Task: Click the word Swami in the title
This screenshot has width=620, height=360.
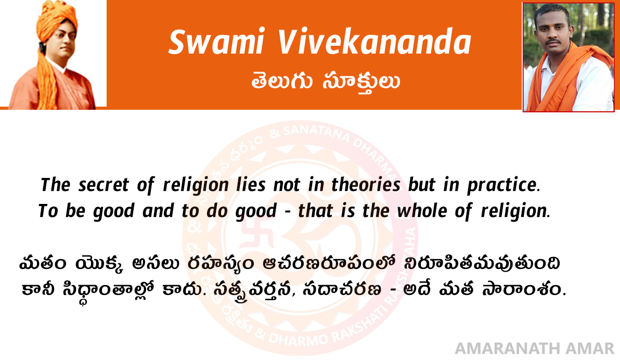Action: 216,42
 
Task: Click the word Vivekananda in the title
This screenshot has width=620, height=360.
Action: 374,42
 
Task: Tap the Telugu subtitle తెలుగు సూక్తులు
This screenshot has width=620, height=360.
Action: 326,82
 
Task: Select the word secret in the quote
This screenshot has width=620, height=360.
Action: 104,185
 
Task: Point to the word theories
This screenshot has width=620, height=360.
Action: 366,184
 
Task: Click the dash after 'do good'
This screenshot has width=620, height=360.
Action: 288,212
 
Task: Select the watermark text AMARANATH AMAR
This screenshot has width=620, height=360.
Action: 535,349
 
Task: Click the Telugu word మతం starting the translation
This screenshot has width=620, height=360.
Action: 43,263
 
